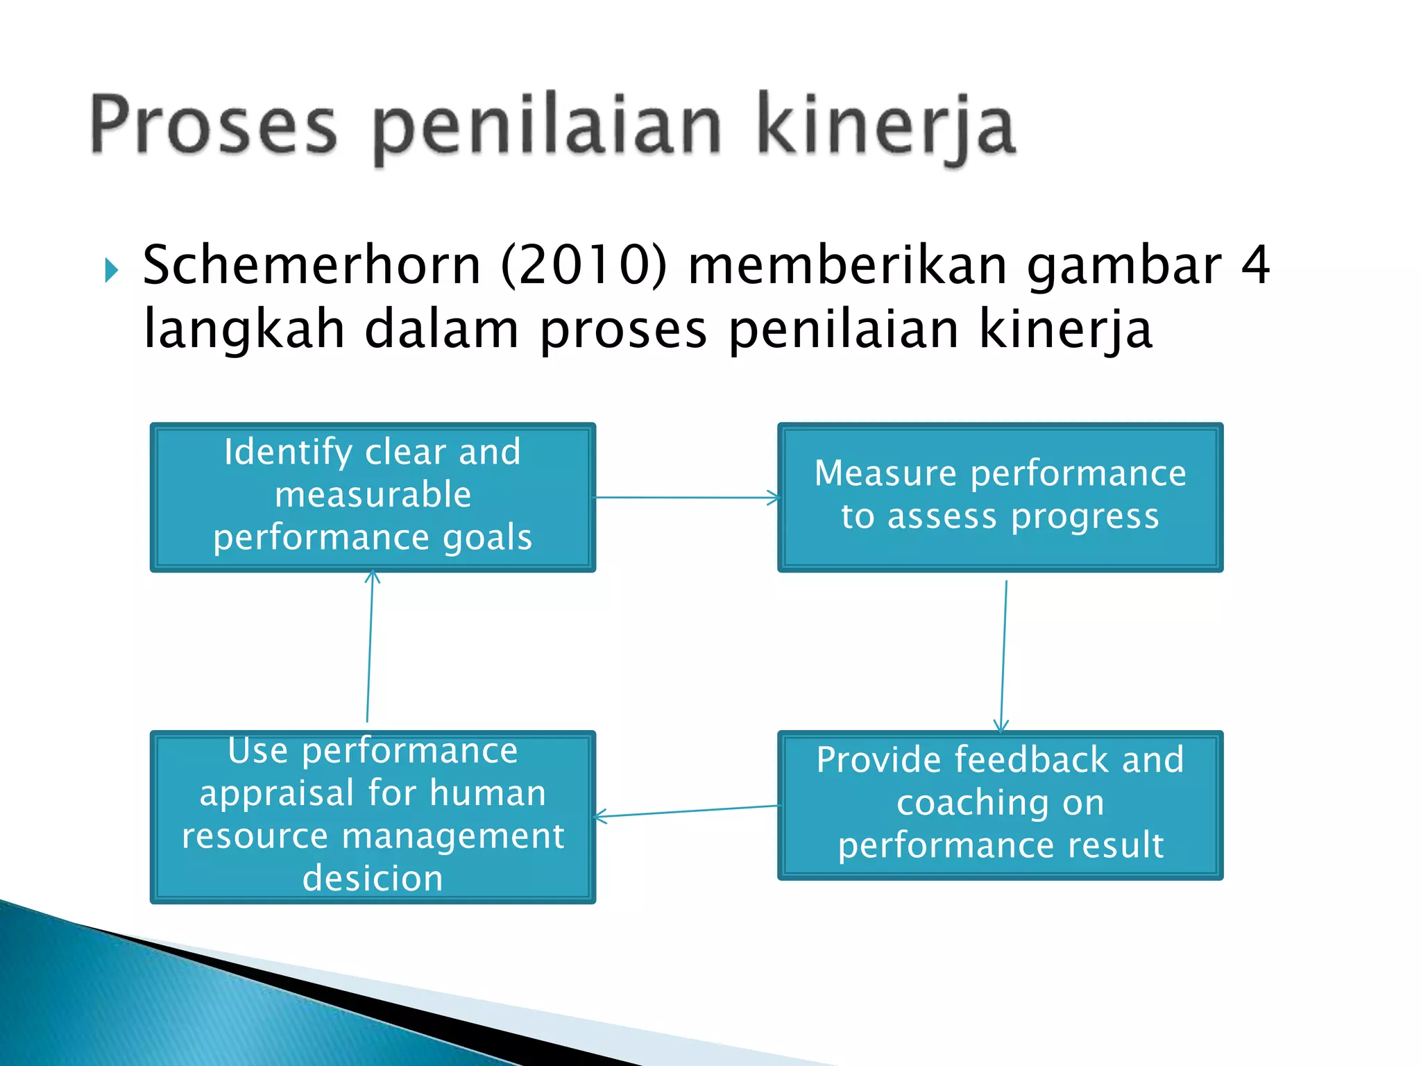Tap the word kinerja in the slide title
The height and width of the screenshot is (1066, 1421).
pyautogui.click(x=885, y=126)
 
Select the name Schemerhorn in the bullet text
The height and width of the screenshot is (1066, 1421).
pyautogui.click(x=312, y=265)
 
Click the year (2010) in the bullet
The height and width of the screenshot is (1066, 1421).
pyautogui.click(x=584, y=265)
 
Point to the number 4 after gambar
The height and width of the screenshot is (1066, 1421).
pyautogui.click(x=1255, y=265)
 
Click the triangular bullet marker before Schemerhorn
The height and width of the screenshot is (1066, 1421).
pyautogui.click(x=112, y=269)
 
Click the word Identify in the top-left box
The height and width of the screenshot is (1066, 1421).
pyautogui.click(x=288, y=452)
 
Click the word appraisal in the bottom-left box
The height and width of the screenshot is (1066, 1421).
pyautogui.click(x=278, y=793)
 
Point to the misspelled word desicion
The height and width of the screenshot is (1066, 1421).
pyautogui.click(x=373, y=879)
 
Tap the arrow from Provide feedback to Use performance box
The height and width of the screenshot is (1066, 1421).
pyautogui.click(x=687, y=811)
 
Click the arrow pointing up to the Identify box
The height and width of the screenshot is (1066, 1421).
pyautogui.click(x=370, y=645)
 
